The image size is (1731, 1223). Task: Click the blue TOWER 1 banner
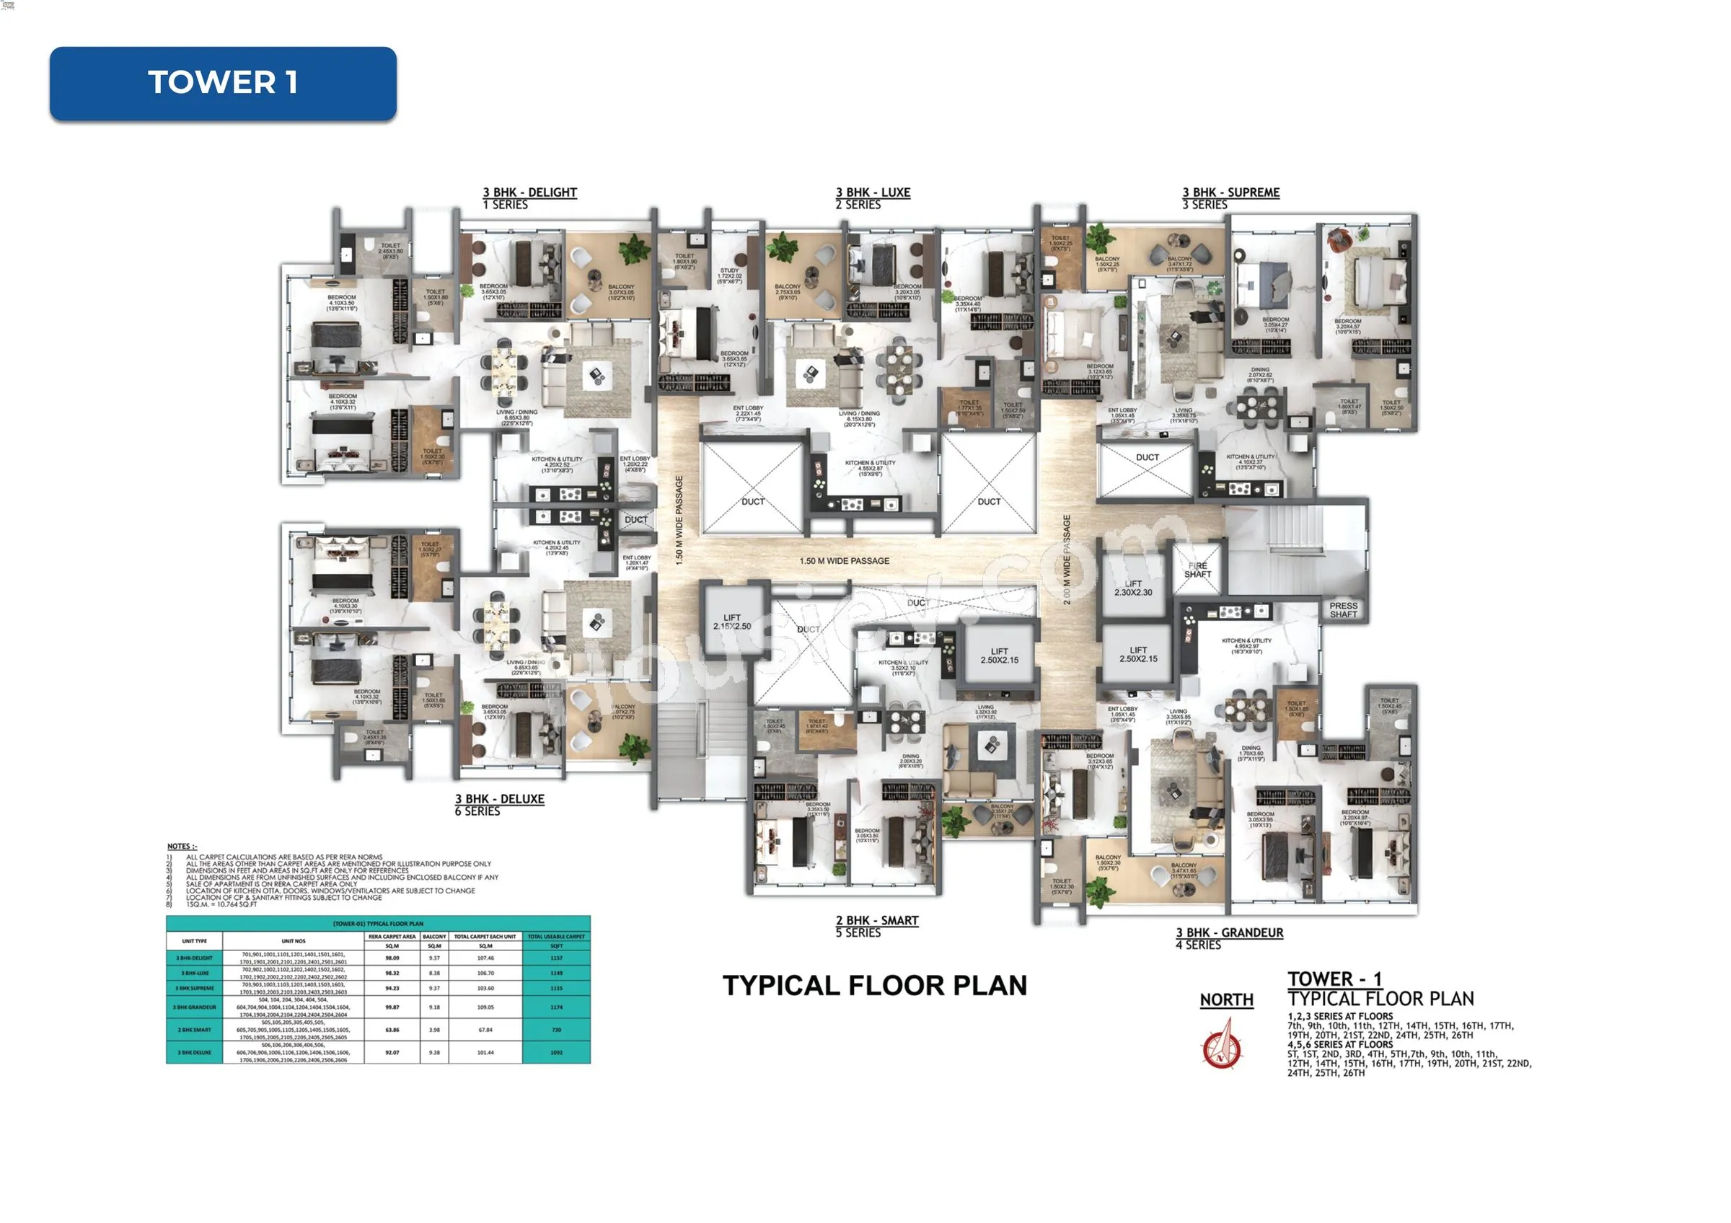click(x=222, y=83)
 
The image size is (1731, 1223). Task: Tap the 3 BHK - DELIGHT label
click(x=529, y=192)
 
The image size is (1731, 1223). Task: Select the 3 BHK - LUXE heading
click(x=872, y=192)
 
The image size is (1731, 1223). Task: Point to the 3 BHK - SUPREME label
click(x=1230, y=192)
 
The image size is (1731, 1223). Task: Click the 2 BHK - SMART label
click(x=877, y=920)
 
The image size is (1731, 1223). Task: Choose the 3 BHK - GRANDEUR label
click(x=1229, y=932)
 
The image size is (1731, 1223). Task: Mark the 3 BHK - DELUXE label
click(x=499, y=799)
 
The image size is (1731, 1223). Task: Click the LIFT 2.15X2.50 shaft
click(x=732, y=622)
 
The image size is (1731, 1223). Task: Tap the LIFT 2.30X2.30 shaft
click(x=1133, y=588)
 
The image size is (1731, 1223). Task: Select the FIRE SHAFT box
click(x=1197, y=570)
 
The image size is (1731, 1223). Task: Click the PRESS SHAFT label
click(x=1344, y=609)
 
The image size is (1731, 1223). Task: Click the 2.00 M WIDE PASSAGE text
click(x=1066, y=560)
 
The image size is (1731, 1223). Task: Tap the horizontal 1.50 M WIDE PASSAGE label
click(x=845, y=560)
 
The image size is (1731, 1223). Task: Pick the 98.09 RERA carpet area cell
click(x=392, y=958)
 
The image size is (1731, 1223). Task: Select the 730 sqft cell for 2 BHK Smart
click(x=556, y=1030)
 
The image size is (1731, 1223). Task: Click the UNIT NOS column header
click(x=294, y=940)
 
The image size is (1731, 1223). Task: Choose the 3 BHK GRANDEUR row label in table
click(x=195, y=1007)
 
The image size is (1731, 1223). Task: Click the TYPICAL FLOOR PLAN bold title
click(x=875, y=986)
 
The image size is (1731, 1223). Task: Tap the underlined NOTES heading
click(x=182, y=847)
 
